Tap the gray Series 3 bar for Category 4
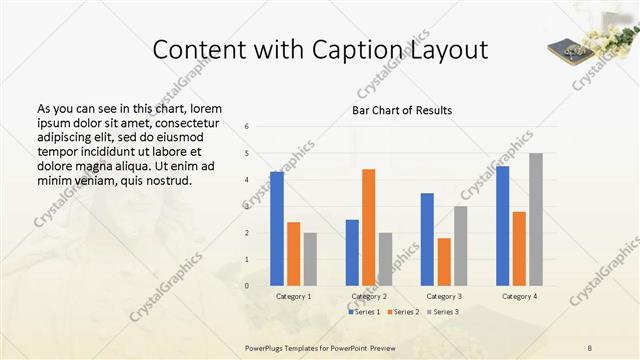tap(536, 219)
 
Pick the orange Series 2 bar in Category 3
tap(444, 261)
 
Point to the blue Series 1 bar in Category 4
tap(502, 225)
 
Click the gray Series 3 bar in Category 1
tap(310, 259)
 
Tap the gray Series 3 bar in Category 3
tap(460, 245)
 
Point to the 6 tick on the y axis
tap(247, 127)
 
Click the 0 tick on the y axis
tap(247, 286)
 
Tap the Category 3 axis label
tap(444, 296)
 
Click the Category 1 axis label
tap(293, 296)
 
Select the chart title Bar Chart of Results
tap(402, 110)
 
